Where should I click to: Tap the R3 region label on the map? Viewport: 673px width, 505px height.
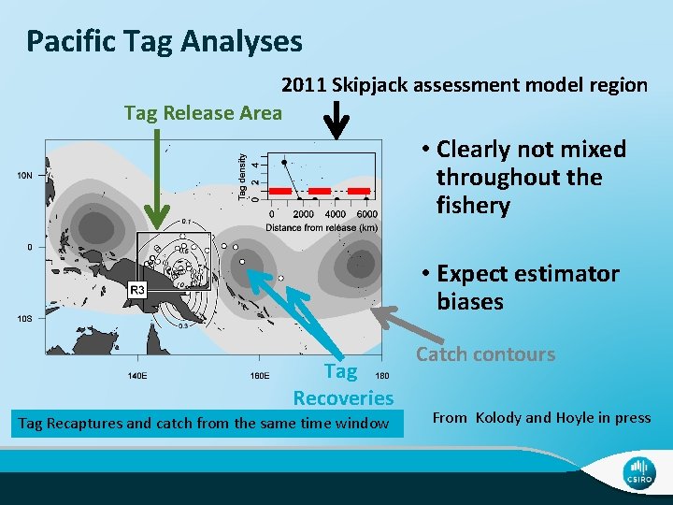click(136, 291)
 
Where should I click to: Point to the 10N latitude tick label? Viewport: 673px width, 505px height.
click(24, 176)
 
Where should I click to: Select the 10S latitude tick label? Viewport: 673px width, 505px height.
click(24, 319)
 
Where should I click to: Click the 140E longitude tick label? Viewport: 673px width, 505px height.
click(137, 376)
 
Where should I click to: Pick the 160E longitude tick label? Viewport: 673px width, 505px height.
click(260, 376)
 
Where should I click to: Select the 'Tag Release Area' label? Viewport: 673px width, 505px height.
click(203, 113)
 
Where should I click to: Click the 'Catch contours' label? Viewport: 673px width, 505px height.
click(485, 354)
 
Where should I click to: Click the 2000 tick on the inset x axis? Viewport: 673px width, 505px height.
click(303, 214)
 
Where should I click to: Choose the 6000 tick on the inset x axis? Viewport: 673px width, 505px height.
click(366, 214)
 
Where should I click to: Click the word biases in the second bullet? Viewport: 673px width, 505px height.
click(469, 301)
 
